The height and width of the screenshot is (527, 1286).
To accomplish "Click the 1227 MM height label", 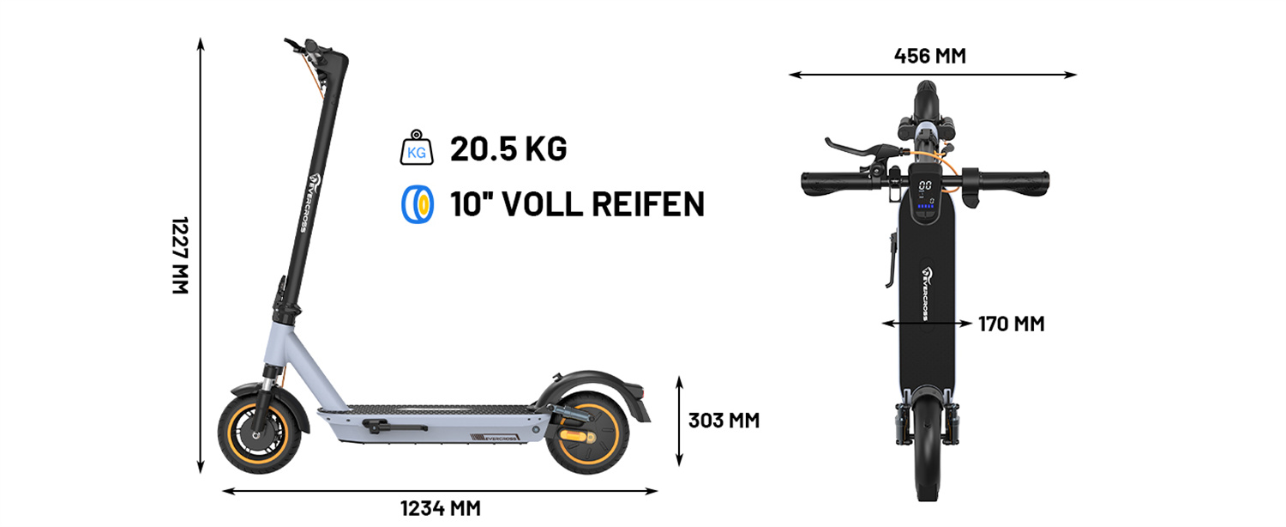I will coord(179,256).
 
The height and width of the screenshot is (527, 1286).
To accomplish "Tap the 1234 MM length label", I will coord(440,508).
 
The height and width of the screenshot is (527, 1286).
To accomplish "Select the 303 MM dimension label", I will coord(724,421).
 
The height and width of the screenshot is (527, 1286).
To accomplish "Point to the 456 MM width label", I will coord(929,57).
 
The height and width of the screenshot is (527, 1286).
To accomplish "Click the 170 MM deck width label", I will coord(1012,324).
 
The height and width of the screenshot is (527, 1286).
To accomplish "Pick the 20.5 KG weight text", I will coord(508,149).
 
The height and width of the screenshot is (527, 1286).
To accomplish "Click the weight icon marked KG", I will coord(416,149).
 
